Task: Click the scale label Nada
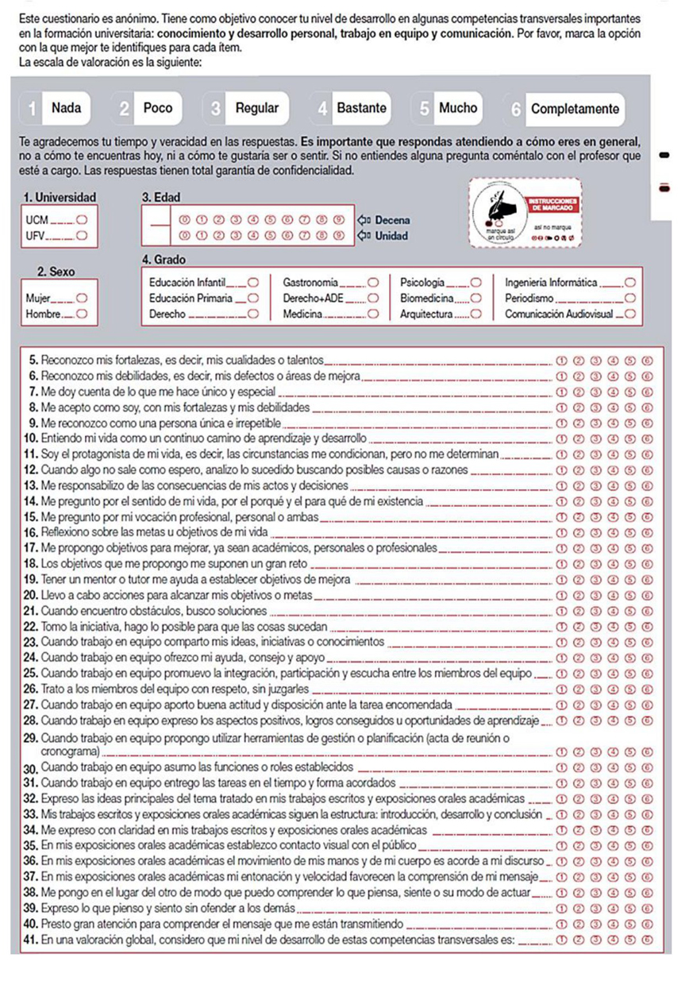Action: [x=66, y=109]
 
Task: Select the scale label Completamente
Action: [x=574, y=109]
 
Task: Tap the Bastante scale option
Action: [x=361, y=109]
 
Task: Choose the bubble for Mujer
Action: [x=81, y=298]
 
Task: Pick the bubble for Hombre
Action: [x=81, y=314]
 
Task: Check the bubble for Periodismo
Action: [x=631, y=298]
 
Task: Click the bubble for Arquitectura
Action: [x=476, y=314]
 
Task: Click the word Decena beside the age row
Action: [x=392, y=218]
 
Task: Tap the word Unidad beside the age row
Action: [x=391, y=235]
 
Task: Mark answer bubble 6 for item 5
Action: [x=648, y=359]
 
